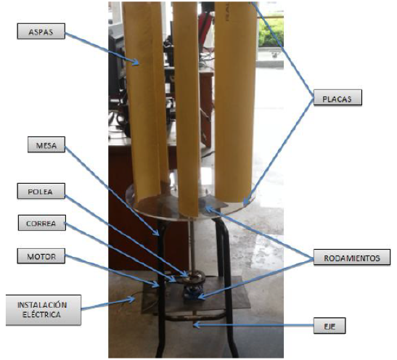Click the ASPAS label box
pos(41,31)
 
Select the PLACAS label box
pos(337,97)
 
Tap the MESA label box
pos(46,144)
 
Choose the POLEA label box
pos(41,191)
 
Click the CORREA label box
pos(42,223)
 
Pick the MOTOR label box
pos(41,256)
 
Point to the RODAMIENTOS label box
pos(352,257)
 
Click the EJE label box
pos(330,326)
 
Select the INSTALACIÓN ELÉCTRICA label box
pos(44,310)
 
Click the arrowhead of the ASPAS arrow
pos(136,62)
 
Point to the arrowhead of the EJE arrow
pos(196,324)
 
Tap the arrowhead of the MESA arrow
pos(157,233)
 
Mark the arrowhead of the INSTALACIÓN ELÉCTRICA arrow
pos(132,300)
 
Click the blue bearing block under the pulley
pos(192,292)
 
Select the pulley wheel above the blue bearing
pos(193,278)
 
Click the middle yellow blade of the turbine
pos(186,106)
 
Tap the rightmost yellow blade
pos(234,102)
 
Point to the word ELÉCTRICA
pos(42,315)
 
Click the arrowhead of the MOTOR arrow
pos(157,285)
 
